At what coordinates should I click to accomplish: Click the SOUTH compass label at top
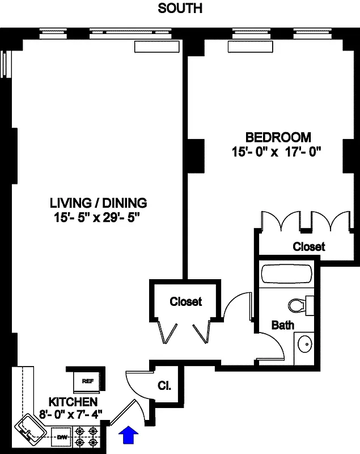(x=179, y=9)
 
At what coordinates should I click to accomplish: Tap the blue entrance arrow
(x=130, y=436)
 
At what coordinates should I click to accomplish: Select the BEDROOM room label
(x=278, y=137)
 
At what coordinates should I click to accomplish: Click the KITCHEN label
(x=69, y=401)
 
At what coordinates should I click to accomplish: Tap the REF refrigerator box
(x=87, y=380)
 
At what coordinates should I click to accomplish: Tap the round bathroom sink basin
(x=304, y=344)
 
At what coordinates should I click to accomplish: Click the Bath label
(x=282, y=325)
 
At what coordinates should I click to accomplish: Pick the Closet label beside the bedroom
(x=309, y=247)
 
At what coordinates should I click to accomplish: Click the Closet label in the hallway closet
(x=185, y=302)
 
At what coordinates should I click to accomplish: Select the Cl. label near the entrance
(x=164, y=386)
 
